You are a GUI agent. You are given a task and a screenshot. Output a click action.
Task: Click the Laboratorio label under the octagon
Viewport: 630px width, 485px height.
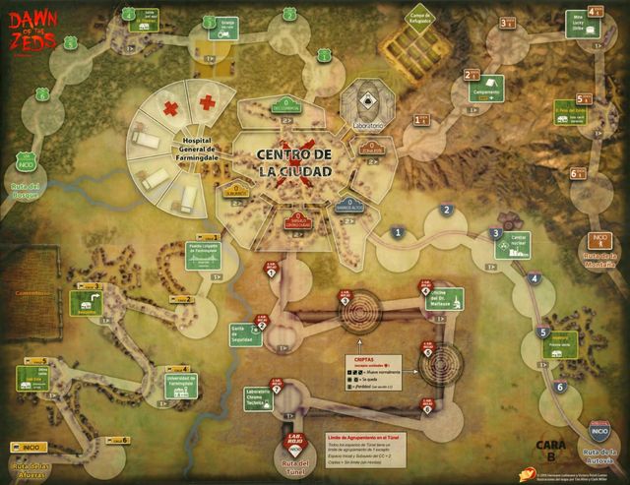pyautogui.click(x=362, y=128)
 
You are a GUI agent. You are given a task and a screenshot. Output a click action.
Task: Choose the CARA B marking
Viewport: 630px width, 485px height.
pyautogui.click(x=550, y=450)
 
